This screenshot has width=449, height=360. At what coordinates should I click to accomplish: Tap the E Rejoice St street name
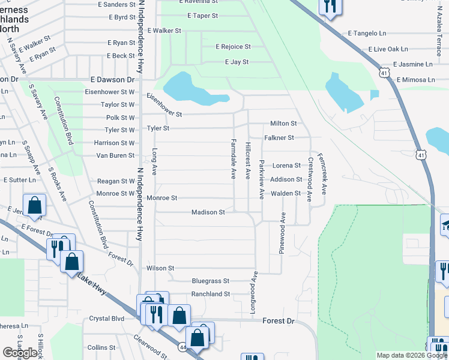(x=233, y=47)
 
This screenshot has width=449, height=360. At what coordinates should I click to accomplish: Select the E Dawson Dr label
(x=112, y=80)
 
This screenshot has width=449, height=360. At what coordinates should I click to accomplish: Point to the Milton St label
(x=283, y=124)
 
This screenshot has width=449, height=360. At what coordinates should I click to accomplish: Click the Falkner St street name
(x=280, y=138)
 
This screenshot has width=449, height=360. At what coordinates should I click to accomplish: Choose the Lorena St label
(x=286, y=166)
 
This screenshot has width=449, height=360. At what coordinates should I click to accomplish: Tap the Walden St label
(x=285, y=194)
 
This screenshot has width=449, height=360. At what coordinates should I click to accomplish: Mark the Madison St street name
(x=208, y=212)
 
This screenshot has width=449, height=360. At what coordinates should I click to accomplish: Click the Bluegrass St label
(x=211, y=281)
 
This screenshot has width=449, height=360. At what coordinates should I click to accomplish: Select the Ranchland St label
(x=211, y=295)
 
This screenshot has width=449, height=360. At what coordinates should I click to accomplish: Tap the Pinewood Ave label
(x=282, y=233)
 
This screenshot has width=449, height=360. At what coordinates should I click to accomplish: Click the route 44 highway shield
(x=182, y=347)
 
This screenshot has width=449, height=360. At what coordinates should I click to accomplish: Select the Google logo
(x=20, y=353)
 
